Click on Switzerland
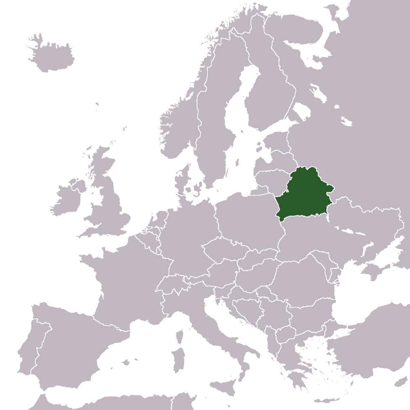pos(171,284)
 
